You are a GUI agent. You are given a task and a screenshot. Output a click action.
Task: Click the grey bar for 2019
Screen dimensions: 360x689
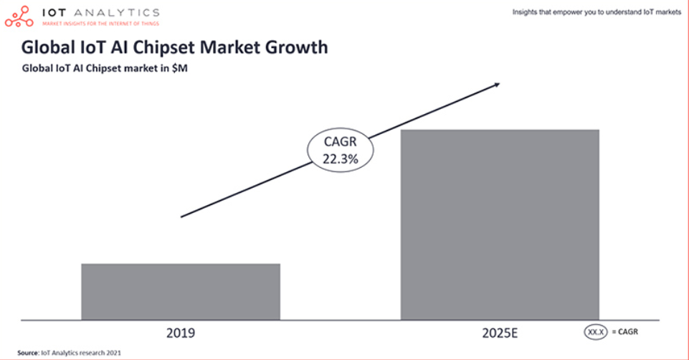[x=180, y=291]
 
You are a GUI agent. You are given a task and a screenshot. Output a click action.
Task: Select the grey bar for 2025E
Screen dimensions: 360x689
[x=499, y=224]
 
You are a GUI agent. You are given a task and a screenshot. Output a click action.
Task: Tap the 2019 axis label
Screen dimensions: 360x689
[x=180, y=333]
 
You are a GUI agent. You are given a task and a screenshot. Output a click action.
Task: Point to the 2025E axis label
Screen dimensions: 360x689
[x=499, y=333]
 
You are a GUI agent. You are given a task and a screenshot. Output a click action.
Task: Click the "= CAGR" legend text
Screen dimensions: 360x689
[x=624, y=331]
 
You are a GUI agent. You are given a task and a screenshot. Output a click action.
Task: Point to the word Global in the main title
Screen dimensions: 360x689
[x=47, y=47]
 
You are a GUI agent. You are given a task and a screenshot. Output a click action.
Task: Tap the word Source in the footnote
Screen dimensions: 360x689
[x=27, y=353]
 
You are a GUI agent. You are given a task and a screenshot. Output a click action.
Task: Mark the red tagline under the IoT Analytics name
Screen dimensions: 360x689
[x=100, y=22]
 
